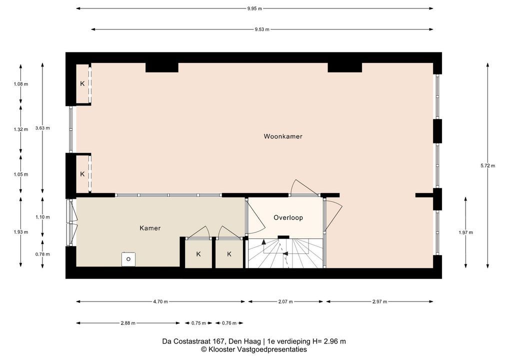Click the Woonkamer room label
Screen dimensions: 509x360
282,136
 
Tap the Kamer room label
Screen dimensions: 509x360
150,228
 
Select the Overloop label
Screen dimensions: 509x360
288,218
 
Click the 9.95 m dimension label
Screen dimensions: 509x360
254,9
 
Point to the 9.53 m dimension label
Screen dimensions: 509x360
262,29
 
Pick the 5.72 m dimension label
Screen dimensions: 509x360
487,165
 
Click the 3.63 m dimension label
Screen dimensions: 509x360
42,128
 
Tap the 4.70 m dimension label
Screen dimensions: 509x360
160,301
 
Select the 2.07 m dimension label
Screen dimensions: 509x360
285,301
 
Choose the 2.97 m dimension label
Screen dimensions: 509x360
380,301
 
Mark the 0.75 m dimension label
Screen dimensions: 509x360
198,323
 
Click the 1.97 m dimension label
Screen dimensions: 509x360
466,232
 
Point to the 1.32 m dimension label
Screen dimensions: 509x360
21,129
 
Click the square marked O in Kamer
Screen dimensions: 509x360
128,259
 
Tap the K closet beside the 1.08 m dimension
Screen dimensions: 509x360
82,84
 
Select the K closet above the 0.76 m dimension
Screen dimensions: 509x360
229,254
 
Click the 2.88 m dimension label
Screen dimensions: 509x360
128,323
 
